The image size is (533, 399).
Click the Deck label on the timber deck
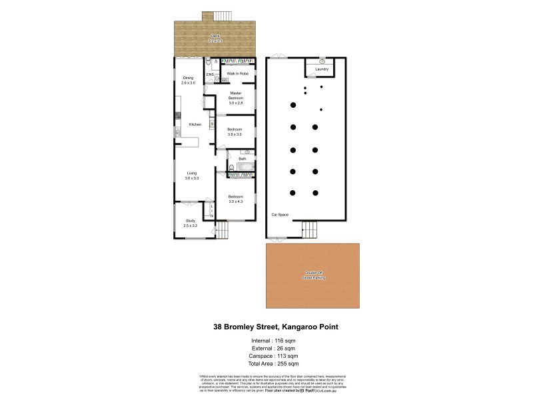tap(215, 38)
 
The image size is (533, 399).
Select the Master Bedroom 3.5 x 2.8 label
tap(235, 98)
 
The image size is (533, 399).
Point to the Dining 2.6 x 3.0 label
tap(189, 80)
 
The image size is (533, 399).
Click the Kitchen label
tap(195, 124)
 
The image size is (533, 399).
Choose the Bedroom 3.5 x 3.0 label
tap(235, 131)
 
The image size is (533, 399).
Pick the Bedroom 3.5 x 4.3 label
tap(235, 199)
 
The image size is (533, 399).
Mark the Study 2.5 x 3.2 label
tap(190, 223)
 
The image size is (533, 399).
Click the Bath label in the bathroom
tap(243, 159)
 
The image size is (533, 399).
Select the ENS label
tap(209, 74)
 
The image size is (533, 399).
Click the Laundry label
tap(322, 68)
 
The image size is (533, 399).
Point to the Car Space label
tap(279, 215)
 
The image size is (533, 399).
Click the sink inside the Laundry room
tap(322, 61)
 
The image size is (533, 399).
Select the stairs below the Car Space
tap(310, 229)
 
